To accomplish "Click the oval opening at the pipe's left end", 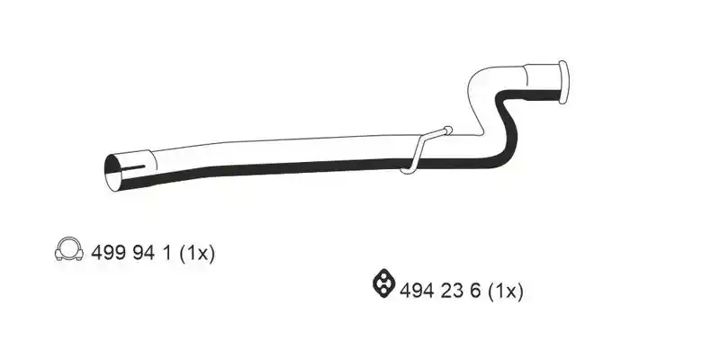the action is pyautogui.click(x=113, y=172).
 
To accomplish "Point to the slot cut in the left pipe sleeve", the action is pyautogui.click(x=133, y=168).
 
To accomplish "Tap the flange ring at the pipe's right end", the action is pyautogui.click(x=563, y=82).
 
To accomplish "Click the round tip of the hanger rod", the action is pyautogui.click(x=448, y=130).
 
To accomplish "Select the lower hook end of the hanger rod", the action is pyautogui.click(x=407, y=171).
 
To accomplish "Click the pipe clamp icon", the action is pyautogui.click(x=69, y=249).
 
